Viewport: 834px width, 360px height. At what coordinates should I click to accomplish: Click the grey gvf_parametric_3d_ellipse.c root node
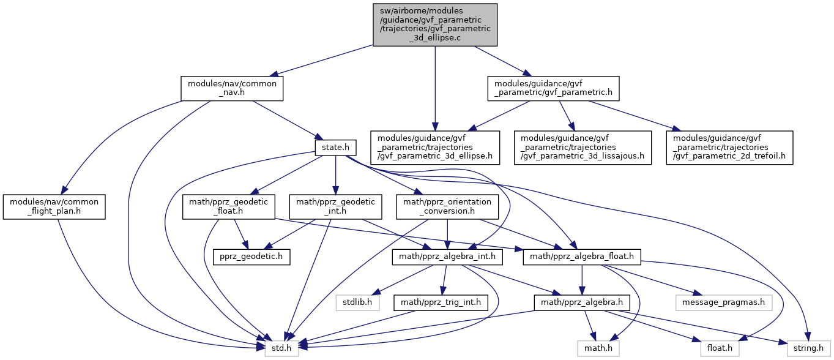tap(435, 24)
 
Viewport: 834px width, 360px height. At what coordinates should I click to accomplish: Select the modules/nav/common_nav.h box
tap(232, 88)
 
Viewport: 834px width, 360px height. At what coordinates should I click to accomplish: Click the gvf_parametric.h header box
tap(553, 88)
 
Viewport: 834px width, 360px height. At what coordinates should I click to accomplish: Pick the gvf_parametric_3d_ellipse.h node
tap(435, 148)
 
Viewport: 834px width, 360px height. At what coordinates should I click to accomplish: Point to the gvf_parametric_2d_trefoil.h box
tap(732, 148)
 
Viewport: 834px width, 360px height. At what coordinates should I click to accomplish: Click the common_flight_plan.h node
tap(54, 207)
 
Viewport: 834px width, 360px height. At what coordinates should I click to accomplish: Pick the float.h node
tap(720, 348)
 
